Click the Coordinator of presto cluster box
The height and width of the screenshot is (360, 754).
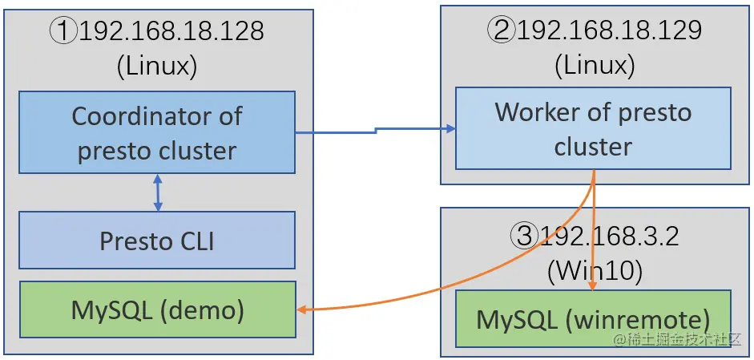(x=157, y=132)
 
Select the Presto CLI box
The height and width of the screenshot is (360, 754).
(x=157, y=240)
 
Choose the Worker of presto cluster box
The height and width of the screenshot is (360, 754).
(x=593, y=128)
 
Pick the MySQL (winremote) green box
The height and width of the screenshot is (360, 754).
(x=593, y=319)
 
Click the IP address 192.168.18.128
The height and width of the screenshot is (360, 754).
(x=171, y=31)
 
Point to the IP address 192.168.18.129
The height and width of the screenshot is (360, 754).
(x=610, y=30)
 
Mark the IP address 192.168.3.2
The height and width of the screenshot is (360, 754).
(x=610, y=237)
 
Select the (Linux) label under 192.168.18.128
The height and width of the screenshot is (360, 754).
(x=157, y=66)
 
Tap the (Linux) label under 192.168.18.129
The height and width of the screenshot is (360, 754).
(x=595, y=65)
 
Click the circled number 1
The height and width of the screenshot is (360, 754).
(x=64, y=31)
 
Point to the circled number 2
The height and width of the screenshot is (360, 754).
(x=502, y=30)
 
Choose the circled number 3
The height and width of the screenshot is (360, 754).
(x=524, y=237)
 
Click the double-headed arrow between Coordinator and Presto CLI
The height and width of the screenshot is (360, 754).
(x=158, y=193)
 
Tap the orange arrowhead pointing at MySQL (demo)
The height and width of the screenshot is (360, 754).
(x=304, y=309)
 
